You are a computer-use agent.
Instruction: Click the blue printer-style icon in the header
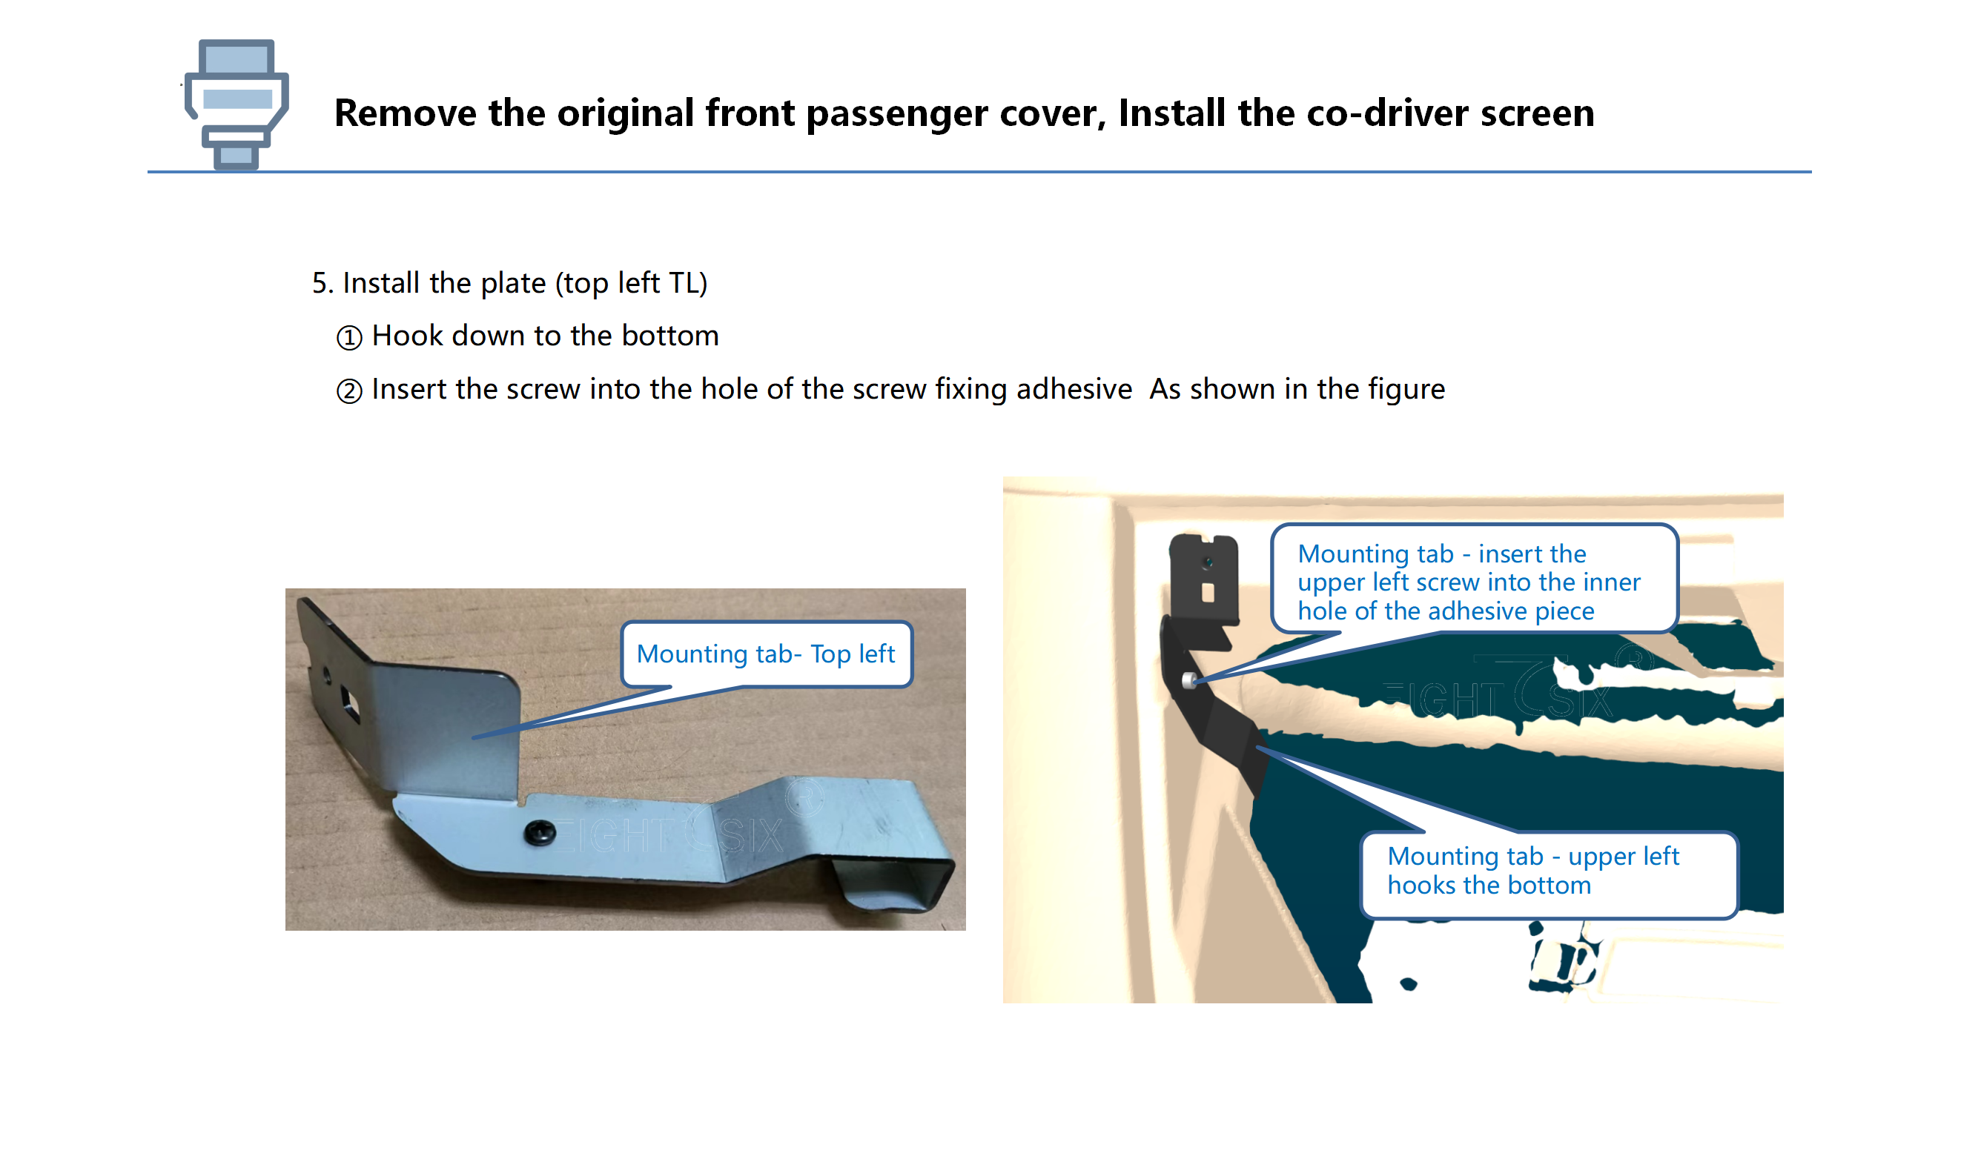pyautogui.click(x=237, y=104)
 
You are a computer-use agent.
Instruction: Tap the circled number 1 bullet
pyautogui.click(x=348, y=338)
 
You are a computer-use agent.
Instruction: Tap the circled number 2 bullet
pyautogui.click(x=348, y=391)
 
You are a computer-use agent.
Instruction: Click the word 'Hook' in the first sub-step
pyautogui.click(x=406, y=335)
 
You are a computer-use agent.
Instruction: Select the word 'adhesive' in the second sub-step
pyautogui.click(x=1074, y=388)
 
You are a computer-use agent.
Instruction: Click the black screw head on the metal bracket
pyautogui.click(x=540, y=831)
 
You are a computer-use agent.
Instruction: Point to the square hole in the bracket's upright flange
pyautogui.click(x=348, y=703)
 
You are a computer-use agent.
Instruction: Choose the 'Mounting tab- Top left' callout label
pyautogui.click(x=766, y=654)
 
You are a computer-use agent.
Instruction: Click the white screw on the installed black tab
pyautogui.click(x=1189, y=680)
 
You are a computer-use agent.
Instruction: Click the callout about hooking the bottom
pyautogui.click(x=1548, y=873)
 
